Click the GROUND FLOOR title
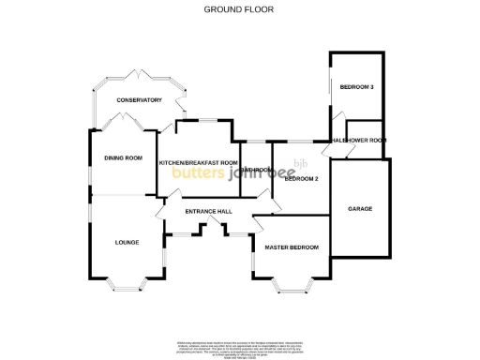point(240,9)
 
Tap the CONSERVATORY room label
point(139,100)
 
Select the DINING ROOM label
point(123,158)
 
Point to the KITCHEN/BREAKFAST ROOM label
point(198,163)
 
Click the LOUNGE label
point(127,243)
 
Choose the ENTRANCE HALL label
point(208,212)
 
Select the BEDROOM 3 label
point(357,87)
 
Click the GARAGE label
point(360,208)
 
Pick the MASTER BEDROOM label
point(292,247)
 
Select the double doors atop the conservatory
point(139,71)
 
